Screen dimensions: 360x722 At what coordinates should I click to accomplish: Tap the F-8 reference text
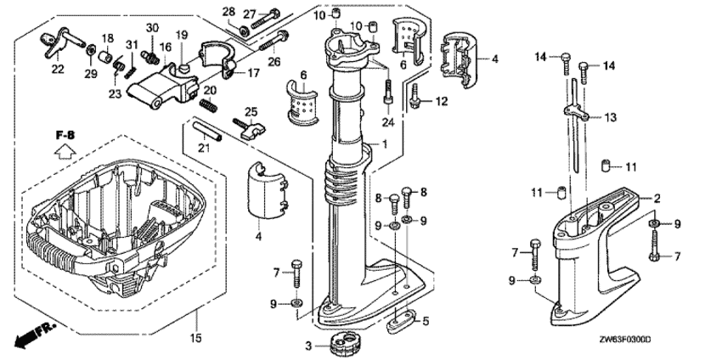tap(66, 134)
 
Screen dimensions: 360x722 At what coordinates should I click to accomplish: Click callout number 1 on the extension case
tap(385, 145)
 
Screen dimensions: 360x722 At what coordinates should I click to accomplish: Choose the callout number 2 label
tap(657, 198)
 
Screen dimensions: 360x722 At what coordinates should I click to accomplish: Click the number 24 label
tap(387, 121)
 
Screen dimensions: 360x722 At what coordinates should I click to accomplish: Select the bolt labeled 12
tap(415, 99)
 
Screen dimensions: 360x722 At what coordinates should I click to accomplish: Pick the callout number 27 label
tap(249, 13)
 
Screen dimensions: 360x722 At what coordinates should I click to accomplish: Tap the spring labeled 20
tap(210, 104)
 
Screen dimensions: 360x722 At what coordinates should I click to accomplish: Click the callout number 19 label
tap(181, 34)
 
